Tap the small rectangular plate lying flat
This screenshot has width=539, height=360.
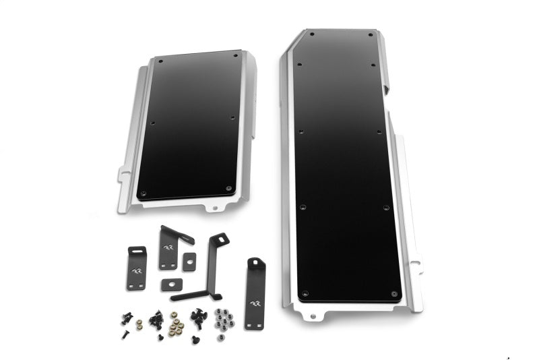[x=172, y=284]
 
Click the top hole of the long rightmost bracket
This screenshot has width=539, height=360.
[x=255, y=264]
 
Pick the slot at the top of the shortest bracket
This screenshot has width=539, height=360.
[x=137, y=251]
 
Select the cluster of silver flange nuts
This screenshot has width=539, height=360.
[x=224, y=317]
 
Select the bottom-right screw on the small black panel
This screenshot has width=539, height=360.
[x=229, y=188]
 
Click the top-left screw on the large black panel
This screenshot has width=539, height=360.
[x=311, y=32]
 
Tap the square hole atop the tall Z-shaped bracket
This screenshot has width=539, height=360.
[x=219, y=239]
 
